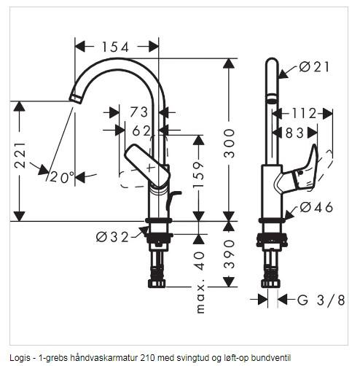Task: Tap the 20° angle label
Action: point(63,177)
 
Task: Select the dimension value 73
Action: point(139,112)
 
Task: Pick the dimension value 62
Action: point(141,131)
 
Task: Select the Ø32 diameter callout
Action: point(112,236)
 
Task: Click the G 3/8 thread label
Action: point(321,300)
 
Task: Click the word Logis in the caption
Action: point(20,357)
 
